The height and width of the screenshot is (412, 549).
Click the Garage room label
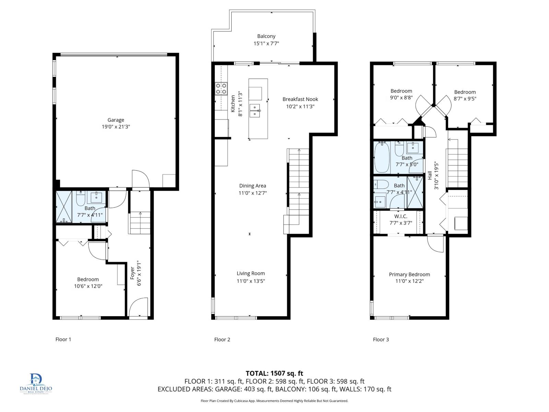pos(116,120)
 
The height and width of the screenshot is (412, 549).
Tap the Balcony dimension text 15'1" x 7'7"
pos(266,44)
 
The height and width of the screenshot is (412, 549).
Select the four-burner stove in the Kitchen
pos(221,89)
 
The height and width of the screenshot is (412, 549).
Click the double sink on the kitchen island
pos(255,110)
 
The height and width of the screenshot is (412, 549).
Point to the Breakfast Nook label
pos(300,99)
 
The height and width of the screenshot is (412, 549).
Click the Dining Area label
pos(253,186)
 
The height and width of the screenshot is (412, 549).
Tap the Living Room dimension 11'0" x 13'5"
pos(251,281)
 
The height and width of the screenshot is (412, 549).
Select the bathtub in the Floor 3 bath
pos(381,158)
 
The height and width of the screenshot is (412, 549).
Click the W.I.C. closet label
pos(400,216)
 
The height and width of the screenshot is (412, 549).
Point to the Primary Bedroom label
pos(409,274)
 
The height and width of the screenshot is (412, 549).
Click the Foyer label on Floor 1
pos(132,273)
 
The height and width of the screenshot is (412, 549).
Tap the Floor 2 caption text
pos(222,340)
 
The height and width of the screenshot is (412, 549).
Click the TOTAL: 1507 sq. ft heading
pos(274,373)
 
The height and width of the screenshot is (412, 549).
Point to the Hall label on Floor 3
pos(430,176)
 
